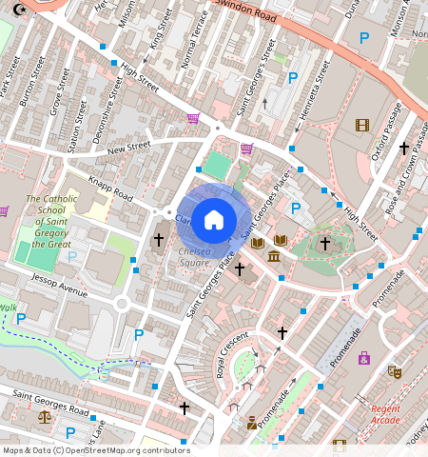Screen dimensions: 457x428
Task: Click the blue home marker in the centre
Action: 214,220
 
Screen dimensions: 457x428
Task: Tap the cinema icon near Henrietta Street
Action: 361,125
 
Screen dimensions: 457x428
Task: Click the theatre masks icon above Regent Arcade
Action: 394,371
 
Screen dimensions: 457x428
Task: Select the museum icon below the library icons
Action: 274,258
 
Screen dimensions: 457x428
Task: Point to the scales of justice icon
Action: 43,416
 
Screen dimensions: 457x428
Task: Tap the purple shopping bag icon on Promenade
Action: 363,358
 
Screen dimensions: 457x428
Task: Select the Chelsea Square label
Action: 194,256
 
